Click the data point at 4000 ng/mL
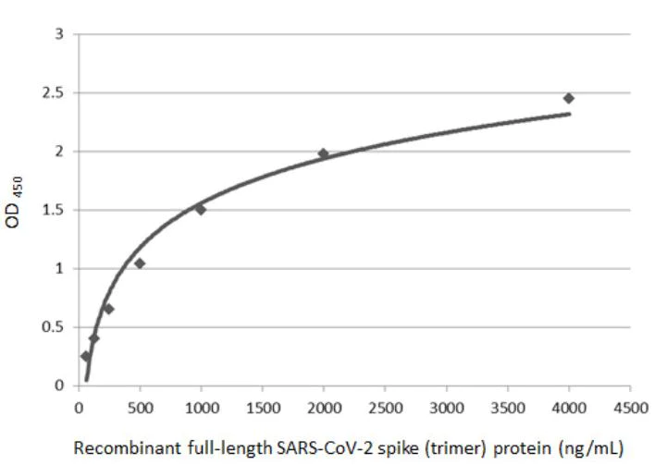(x=569, y=98)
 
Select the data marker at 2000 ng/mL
(x=323, y=153)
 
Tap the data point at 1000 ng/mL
(x=200, y=209)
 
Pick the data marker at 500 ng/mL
(x=140, y=263)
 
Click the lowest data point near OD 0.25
(x=85, y=356)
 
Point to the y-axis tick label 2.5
(x=59, y=93)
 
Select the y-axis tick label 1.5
(x=59, y=210)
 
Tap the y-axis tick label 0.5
(x=59, y=327)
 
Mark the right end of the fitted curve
(x=569, y=115)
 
